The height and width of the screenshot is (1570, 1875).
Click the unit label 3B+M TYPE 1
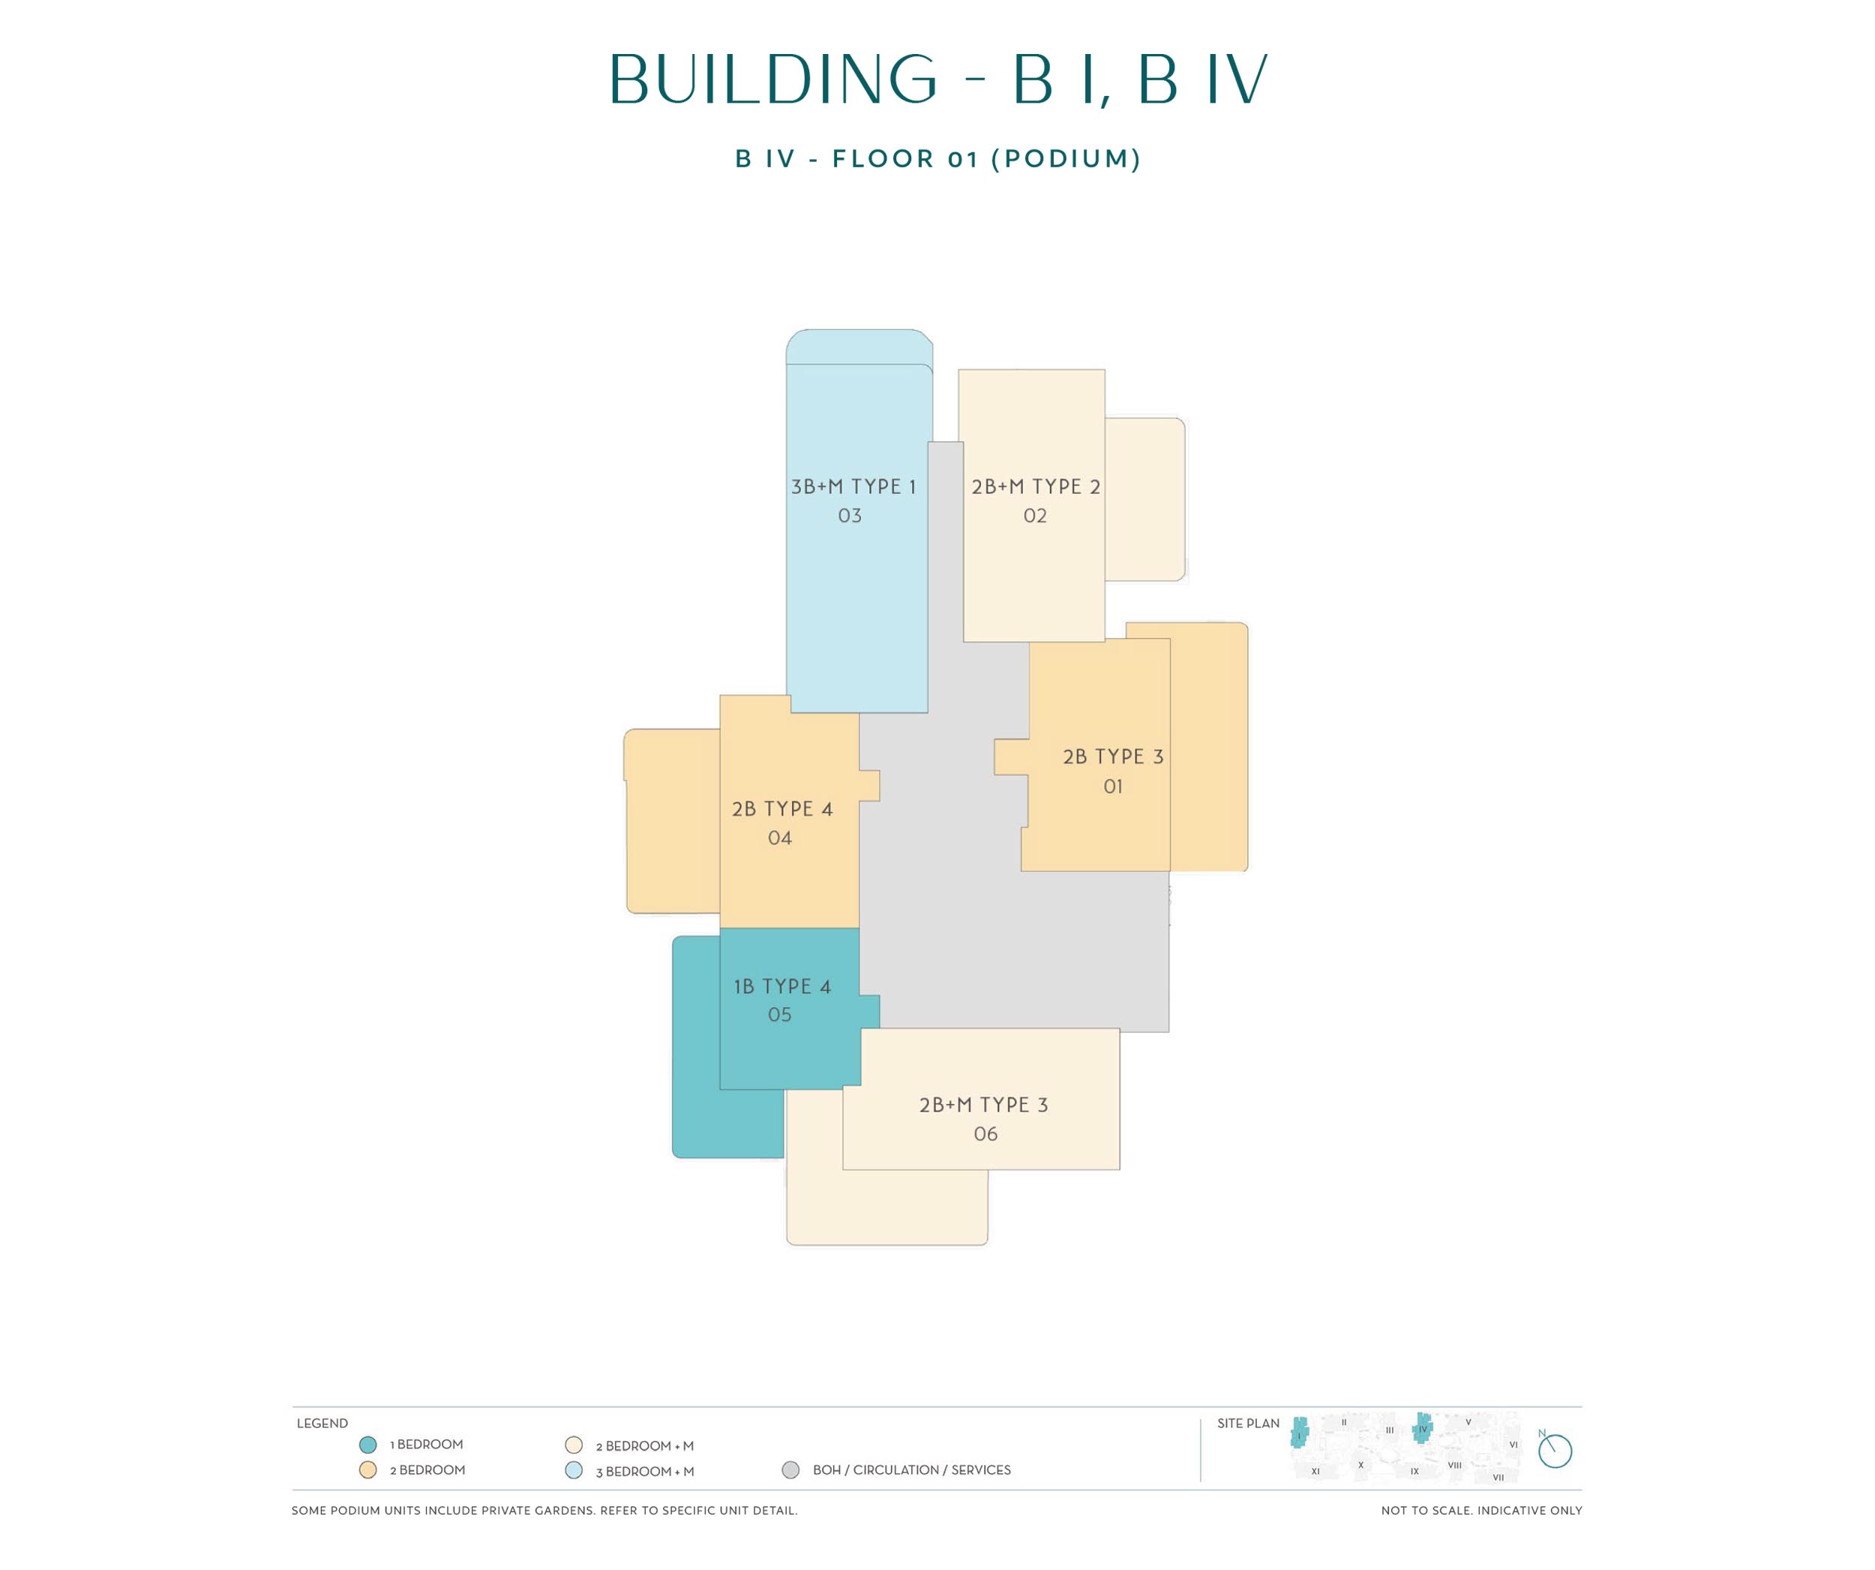coord(853,487)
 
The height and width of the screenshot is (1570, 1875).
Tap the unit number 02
coord(1035,516)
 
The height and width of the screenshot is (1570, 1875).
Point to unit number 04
coord(779,838)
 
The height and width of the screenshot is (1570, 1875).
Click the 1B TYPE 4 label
coord(782,987)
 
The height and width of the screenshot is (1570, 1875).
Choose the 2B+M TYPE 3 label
coord(984,1105)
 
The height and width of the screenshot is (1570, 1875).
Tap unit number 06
coord(985,1134)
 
